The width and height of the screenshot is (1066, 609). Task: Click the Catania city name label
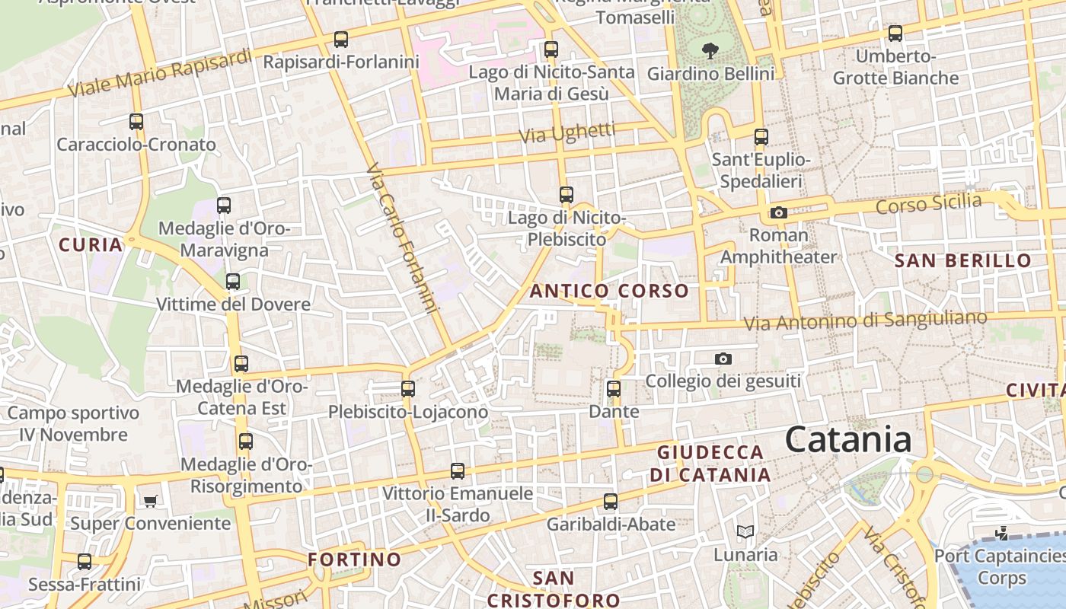pos(848,440)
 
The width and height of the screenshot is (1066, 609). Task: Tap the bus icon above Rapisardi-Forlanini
pos(341,39)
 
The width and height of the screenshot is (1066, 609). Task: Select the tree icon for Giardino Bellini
pos(710,51)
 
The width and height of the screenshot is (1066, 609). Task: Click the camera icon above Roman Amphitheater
pos(778,212)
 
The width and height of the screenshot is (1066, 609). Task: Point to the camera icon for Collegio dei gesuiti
pos(723,359)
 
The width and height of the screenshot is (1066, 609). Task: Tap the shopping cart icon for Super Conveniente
pos(151,501)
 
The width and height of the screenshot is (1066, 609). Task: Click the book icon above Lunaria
pos(745,531)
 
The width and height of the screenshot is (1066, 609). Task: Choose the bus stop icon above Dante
pos(614,389)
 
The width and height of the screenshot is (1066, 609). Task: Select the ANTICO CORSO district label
pos(609,291)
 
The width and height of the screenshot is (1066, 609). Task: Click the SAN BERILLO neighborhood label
pos(962,260)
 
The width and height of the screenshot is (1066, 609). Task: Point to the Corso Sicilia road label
pos(929,203)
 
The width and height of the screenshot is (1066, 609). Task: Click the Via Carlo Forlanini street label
pos(404,238)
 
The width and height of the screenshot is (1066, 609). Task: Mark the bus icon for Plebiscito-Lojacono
pos(408,389)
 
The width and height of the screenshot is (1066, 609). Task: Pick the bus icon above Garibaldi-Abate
pos(611,502)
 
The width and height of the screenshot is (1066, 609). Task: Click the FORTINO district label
pos(354,560)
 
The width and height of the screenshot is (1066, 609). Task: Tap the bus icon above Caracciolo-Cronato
pos(136,122)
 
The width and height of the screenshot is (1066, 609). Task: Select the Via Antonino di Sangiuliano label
pos(865,320)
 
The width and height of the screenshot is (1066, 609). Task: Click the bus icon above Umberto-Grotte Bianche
pos(895,33)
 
